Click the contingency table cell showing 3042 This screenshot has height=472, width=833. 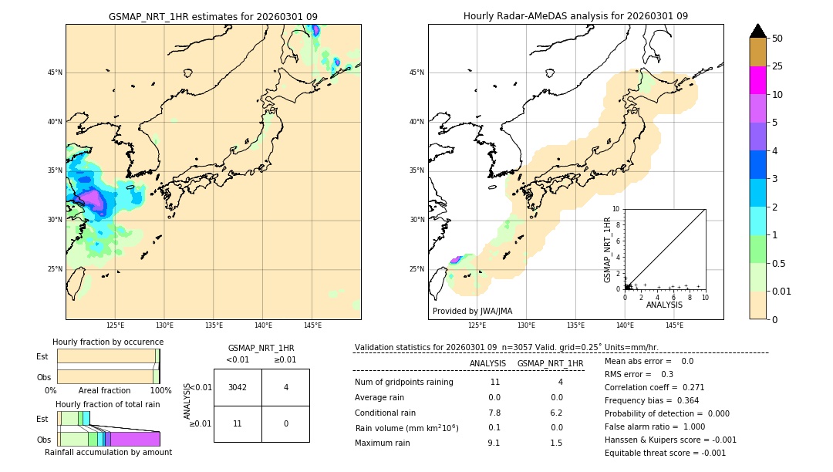(238, 387)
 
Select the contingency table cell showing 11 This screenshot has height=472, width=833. (238, 423)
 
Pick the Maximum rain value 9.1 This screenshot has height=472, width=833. (494, 443)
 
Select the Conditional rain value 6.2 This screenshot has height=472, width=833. (556, 413)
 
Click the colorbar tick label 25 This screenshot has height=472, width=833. (777, 66)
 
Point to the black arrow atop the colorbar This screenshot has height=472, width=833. (758, 30)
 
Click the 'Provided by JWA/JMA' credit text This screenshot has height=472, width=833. (472, 312)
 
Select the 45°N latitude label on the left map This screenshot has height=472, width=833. (55, 72)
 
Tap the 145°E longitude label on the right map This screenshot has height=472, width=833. (674, 325)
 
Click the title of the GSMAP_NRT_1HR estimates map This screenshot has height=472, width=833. (213, 16)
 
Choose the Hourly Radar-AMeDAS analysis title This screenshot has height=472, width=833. (575, 16)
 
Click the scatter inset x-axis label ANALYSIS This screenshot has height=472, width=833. (664, 305)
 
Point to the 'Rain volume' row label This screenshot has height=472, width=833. (406, 428)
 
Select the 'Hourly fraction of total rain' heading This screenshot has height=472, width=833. (108, 404)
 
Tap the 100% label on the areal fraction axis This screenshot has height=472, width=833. (160, 390)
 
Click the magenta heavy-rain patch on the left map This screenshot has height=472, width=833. (94, 200)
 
